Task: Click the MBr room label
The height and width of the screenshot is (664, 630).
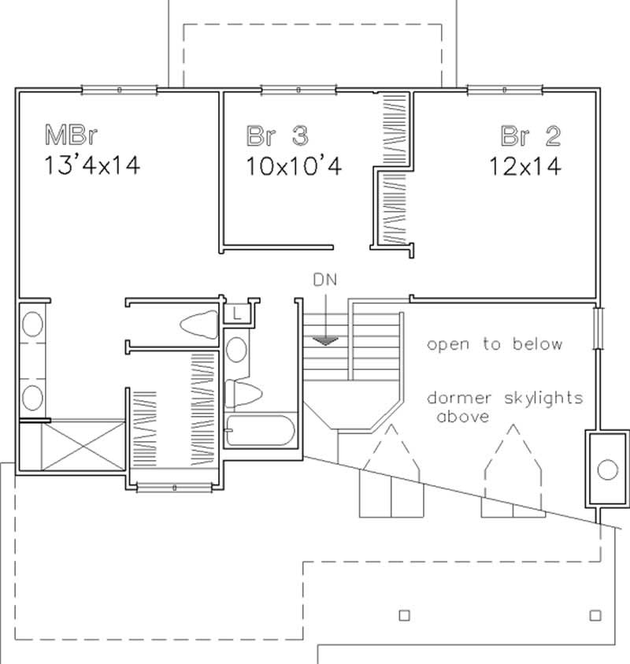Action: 70,135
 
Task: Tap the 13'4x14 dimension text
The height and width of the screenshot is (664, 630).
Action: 92,166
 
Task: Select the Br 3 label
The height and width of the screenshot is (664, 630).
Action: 276,135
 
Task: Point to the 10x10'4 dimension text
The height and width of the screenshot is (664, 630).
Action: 292,166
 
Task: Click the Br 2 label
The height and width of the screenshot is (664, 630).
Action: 531,135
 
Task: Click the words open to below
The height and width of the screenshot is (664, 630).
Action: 495,344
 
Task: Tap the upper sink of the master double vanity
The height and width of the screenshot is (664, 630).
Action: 32,325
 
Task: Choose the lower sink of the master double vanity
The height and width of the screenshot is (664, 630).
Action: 32,396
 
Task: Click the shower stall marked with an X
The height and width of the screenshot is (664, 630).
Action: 72,446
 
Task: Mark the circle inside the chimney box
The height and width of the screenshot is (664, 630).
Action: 608,469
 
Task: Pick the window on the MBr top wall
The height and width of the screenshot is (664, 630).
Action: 119,89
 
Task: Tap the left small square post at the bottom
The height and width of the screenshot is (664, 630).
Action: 405,614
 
